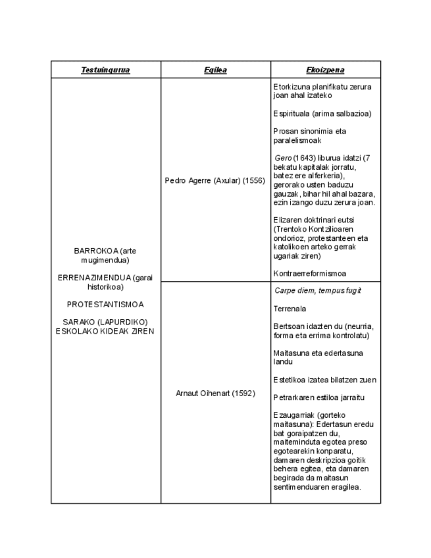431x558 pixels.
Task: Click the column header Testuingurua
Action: pos(105,70)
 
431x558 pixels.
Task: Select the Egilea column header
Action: pos(215,70)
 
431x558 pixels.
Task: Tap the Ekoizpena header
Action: pos(325,70)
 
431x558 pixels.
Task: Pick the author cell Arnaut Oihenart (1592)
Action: pos(215,393)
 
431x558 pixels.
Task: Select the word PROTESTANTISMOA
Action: pos(105,305)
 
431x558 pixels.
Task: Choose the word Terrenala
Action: pos(290,308)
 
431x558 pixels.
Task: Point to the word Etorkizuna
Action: pos(292,86)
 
